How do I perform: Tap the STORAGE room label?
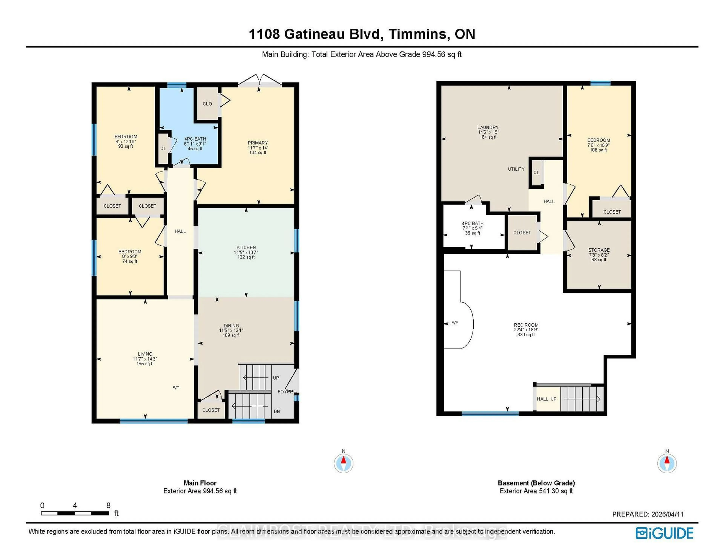click(599, 250)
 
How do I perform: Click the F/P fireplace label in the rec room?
click(455, 323)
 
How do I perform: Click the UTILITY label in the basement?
click(516, 169)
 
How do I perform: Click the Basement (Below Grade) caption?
click(536, 483)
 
